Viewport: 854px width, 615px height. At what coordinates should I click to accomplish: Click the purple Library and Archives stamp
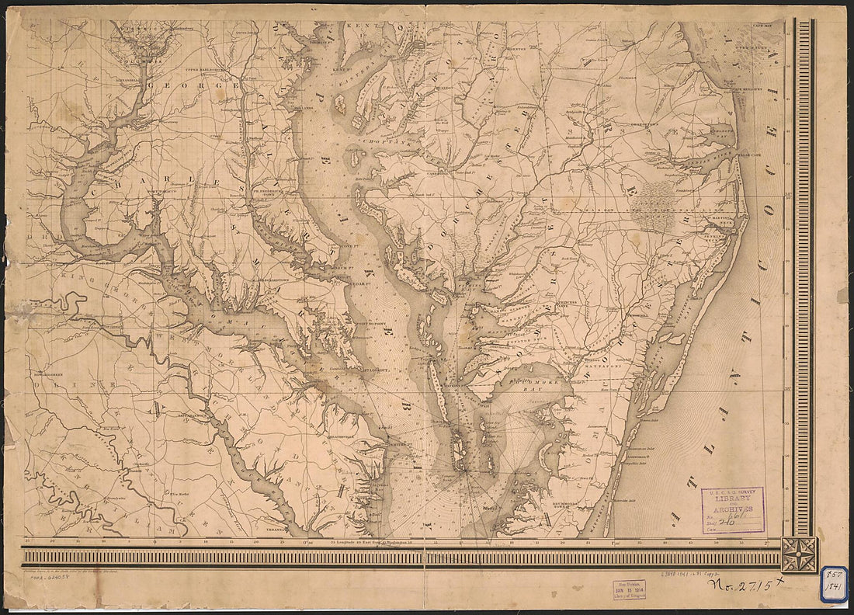[733, 509]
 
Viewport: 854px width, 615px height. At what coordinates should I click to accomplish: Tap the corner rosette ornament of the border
[799, 554]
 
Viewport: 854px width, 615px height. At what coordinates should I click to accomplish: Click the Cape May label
[765, 26]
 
